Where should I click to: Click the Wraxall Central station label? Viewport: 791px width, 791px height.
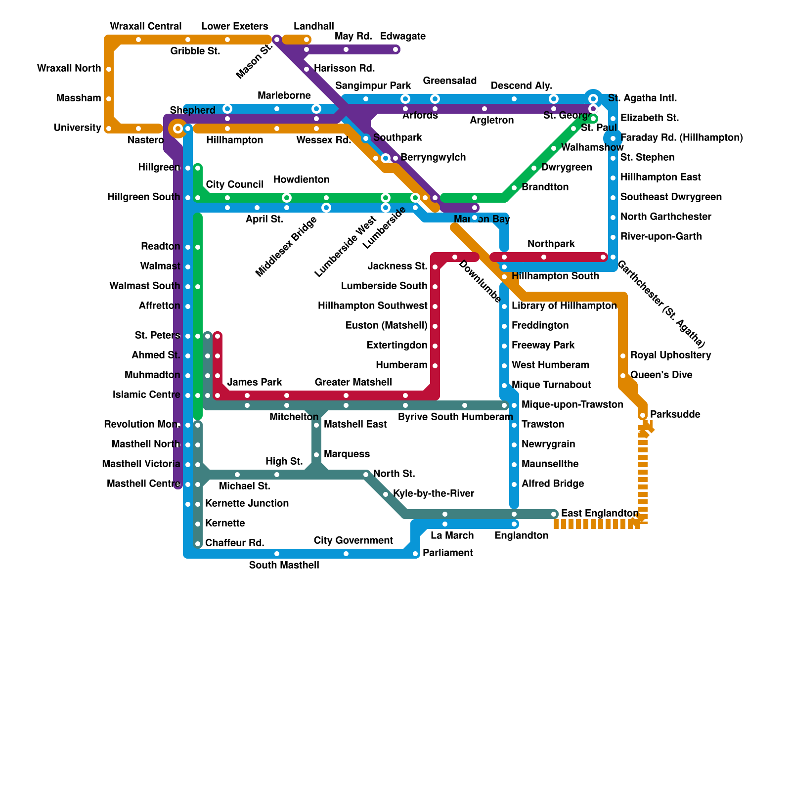145,26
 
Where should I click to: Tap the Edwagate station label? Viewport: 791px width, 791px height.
403,37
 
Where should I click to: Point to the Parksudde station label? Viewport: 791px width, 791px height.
675,414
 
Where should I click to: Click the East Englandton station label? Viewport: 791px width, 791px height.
600,514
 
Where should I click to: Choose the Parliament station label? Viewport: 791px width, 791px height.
448,553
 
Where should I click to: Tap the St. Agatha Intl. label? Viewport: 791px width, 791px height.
642,98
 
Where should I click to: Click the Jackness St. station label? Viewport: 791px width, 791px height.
397,266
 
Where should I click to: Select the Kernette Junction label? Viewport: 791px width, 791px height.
247,503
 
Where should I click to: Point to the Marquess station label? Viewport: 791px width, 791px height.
347,454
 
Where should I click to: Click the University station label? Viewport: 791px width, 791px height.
78,128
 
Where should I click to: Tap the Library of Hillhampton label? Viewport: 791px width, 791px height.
564,306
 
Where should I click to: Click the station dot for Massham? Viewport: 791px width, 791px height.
109,99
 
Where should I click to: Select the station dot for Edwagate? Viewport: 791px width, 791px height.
395,49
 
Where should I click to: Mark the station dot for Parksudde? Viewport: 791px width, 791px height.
643,415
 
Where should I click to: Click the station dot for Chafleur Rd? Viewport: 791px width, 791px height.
198,544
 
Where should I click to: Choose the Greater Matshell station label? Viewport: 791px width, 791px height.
353,382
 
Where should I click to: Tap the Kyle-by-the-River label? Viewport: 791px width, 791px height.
434,493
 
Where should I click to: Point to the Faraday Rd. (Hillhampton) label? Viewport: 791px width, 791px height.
681,137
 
